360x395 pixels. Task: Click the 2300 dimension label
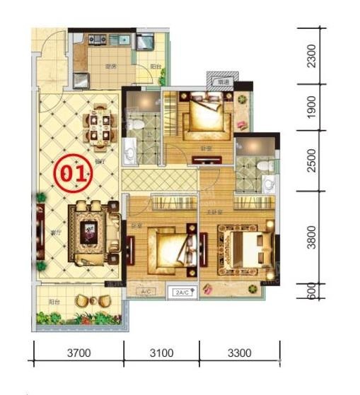point(312,54)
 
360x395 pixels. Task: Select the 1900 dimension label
point(312,107)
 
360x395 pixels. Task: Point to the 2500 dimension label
point(312,160)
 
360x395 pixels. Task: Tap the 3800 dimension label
point(312,237)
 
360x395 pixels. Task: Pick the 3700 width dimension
point(79,351)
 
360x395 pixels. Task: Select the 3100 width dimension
point(162,351)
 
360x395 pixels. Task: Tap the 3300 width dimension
point(240,351)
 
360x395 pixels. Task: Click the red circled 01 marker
point(74,172)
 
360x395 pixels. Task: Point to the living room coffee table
point(91,230)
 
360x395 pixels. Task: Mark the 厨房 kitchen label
point(110,66)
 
